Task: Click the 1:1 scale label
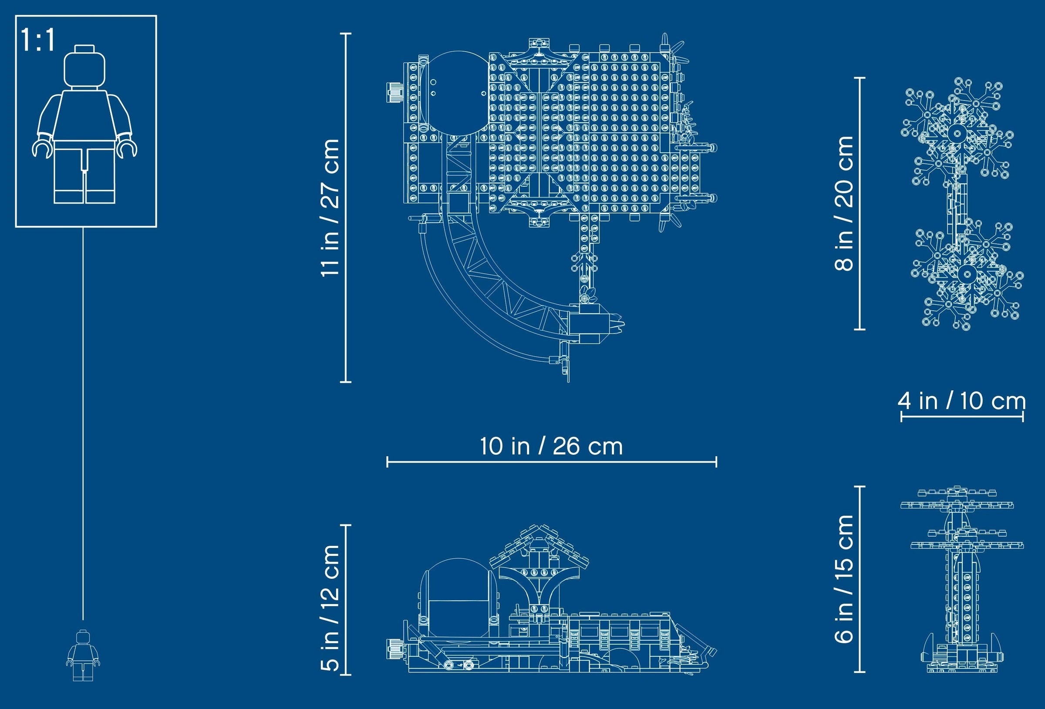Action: tap(38, 40)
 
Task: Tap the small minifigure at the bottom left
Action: tap(83, 655)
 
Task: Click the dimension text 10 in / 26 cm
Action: tap(551, 447)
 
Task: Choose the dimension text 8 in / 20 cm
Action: tap(843, 203)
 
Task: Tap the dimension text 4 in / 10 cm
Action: tap(962, 400)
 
